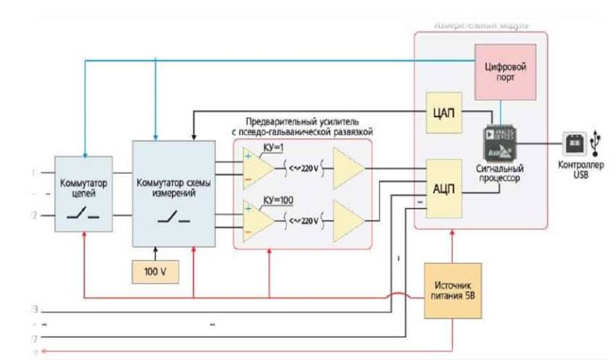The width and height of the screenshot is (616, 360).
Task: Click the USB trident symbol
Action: (x=595, y=142)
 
